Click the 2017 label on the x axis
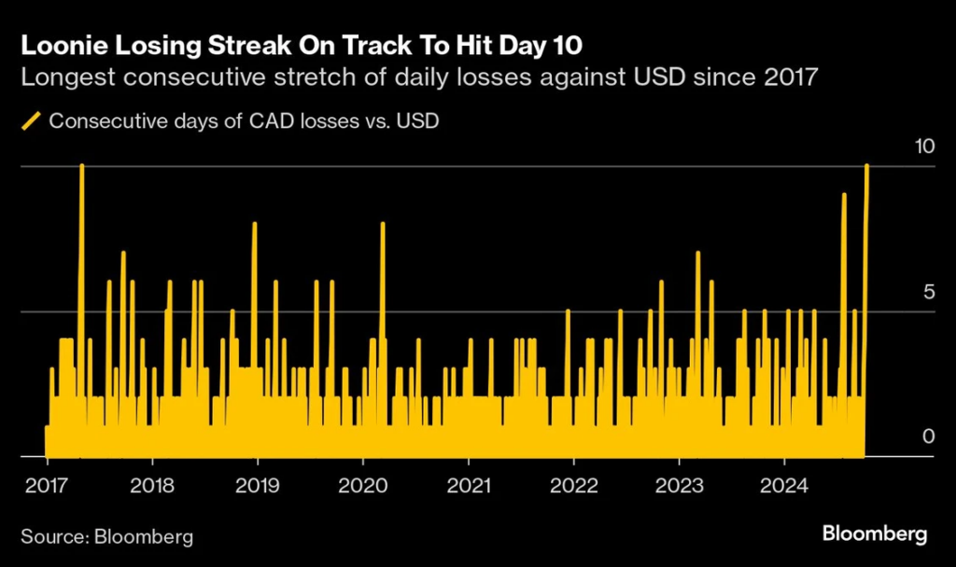[45, 487]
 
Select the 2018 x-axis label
[151, 487]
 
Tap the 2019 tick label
[257, 487]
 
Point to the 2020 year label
[363, 487]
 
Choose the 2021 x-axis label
[468, 487]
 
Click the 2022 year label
[574, 487]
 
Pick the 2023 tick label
[680, 487]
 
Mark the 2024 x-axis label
[785, 487]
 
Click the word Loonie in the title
[62, 45]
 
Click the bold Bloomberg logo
[875, 534]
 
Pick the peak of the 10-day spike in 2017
[82, 165]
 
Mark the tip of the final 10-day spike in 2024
[867, 165]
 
